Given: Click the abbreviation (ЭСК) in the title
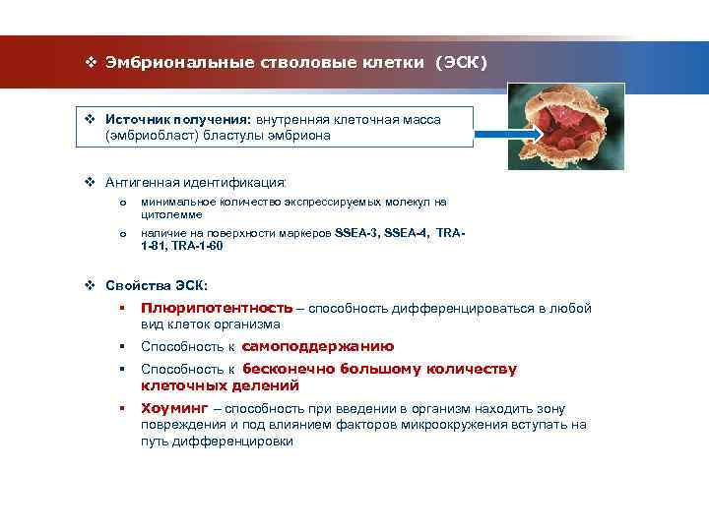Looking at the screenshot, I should tap(461, 63).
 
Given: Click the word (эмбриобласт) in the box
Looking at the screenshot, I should tap(148, 136).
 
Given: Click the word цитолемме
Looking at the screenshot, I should tap(171, 214).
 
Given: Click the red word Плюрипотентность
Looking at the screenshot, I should tap(217, 308).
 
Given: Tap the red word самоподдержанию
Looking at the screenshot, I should tap(317, 346).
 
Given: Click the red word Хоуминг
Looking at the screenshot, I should tap(173, 408).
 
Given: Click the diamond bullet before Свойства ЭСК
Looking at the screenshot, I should tap(89, 285).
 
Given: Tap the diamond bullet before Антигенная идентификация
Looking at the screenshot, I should tap(89, 182).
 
